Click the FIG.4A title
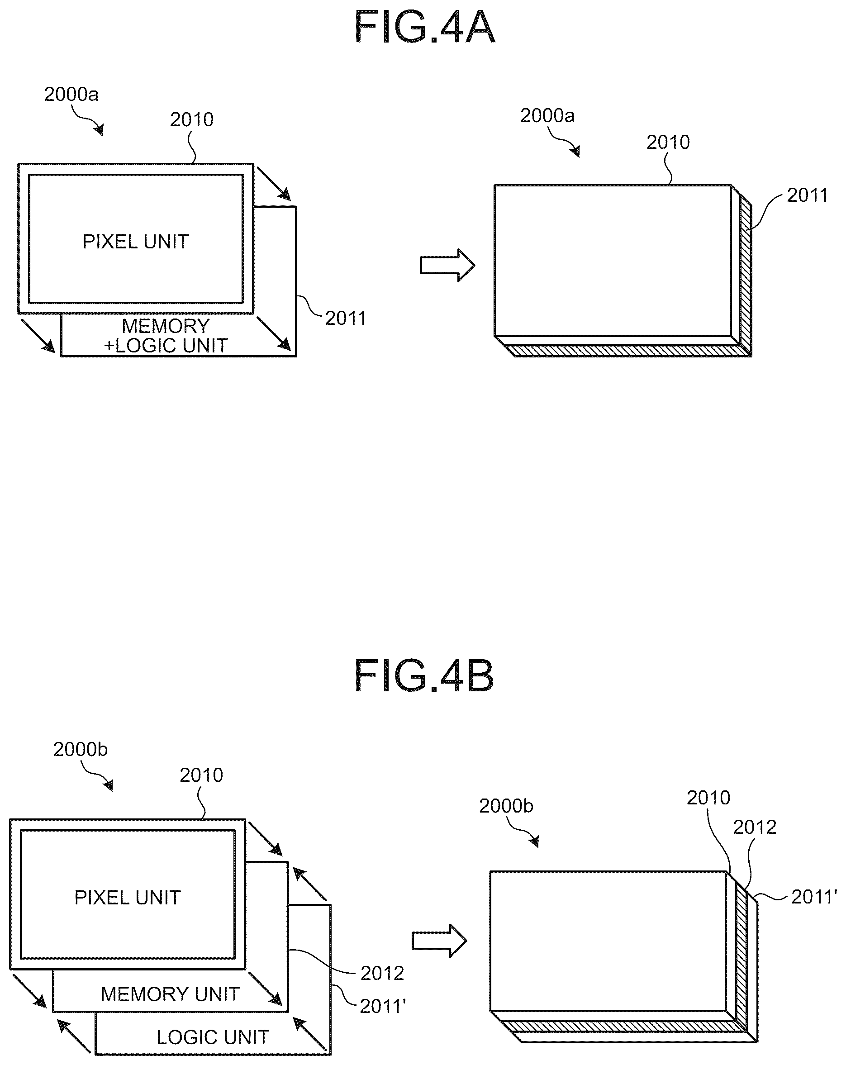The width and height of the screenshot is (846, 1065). pyautogui.click(x=424, y=28)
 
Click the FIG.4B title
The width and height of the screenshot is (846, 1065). pyautogui.click(x=424, y=676)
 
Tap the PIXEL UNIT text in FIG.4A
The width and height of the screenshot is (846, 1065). pyautogui.click(x=135, y=242)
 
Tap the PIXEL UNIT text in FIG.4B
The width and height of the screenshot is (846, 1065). pyautogui.click(x=128, y=897)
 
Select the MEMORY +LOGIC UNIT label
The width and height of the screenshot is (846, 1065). pyautogui.click(x=166, y=336)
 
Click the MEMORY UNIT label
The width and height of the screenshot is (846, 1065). pyautogui.click(x=171, y=994)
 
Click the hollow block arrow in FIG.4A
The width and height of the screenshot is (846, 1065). pyautogui.click(x=447, y=265)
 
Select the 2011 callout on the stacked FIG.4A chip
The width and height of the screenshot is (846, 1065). pyautogui.click(x=808, y=195)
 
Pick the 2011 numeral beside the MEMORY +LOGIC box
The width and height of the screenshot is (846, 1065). pyautogui.click(x=346, y=318)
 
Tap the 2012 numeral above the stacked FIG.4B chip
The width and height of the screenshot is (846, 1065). pyautogui.click(x=755, y=827)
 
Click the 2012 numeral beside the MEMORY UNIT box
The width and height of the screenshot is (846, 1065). pyautogui.click(x=383, y=973)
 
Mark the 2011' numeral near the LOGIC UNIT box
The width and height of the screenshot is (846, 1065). pyautogui.click(x=383, y=1006)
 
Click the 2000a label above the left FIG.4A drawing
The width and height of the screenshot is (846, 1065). pyautogui.click(x=71, y=94)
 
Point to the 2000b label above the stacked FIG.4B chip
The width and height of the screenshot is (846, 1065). pyautogui.click(x=506, y=806)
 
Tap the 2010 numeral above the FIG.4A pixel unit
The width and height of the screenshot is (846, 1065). pyautogui.click(x=192, y=119)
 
